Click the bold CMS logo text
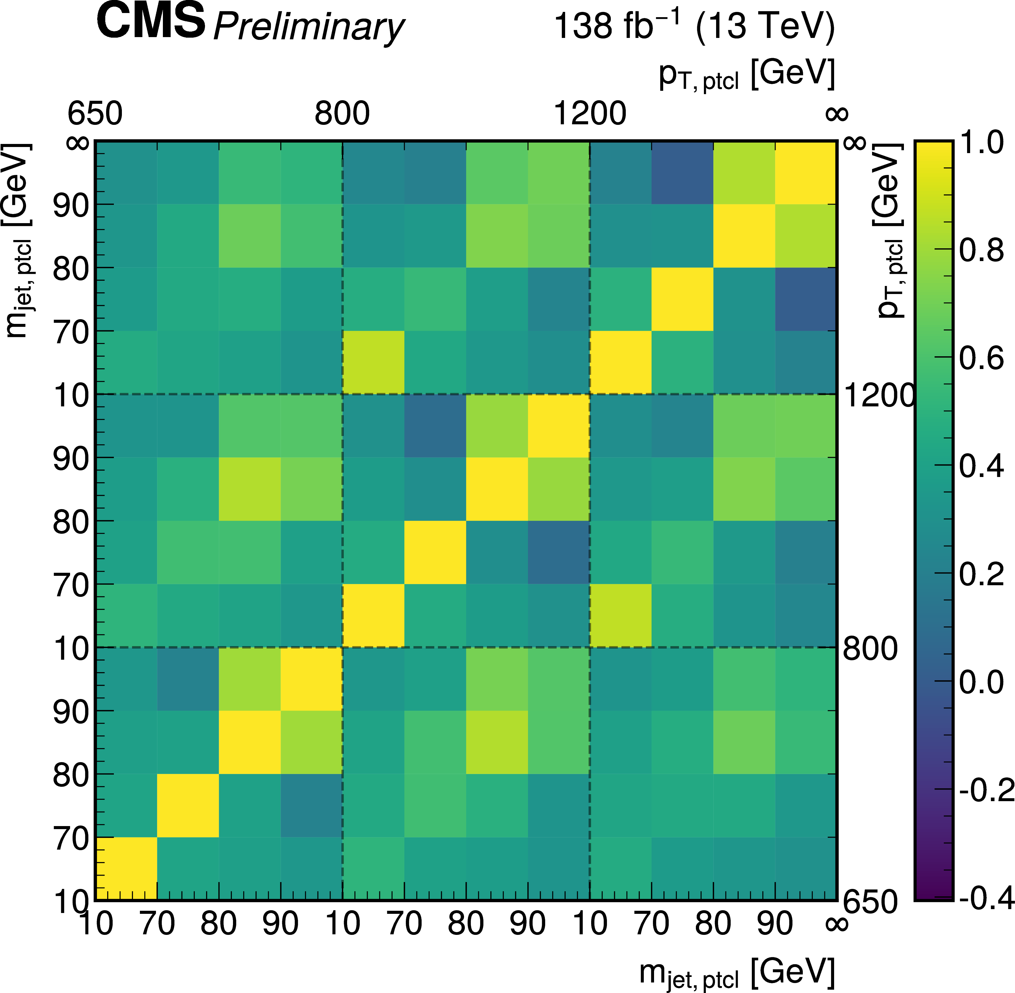pyautogui.click(x=151, y=22)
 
